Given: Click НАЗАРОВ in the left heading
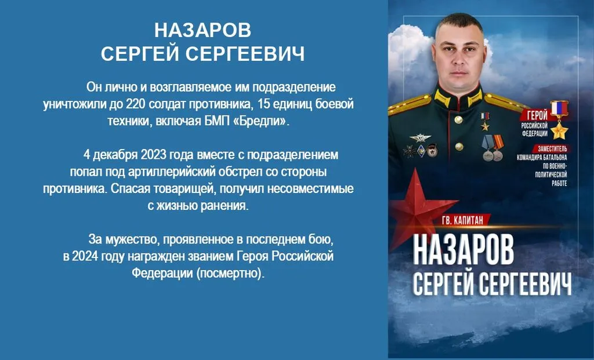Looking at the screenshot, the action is pos(202,30).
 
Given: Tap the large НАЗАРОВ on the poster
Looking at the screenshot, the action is pos(463,250).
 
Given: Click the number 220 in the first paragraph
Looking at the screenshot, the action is pos(136,104).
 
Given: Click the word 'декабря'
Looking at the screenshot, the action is pos(115,155).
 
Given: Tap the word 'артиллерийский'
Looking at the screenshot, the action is pos(173,172).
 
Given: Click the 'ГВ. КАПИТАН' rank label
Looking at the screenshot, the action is pos(462,220).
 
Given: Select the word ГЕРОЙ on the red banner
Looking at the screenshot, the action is pos(537,115).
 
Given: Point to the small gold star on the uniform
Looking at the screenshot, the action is pos(485,126).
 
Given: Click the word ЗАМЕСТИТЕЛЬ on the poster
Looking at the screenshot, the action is pos(552,148).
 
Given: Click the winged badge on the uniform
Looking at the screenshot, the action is pos(420,138).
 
